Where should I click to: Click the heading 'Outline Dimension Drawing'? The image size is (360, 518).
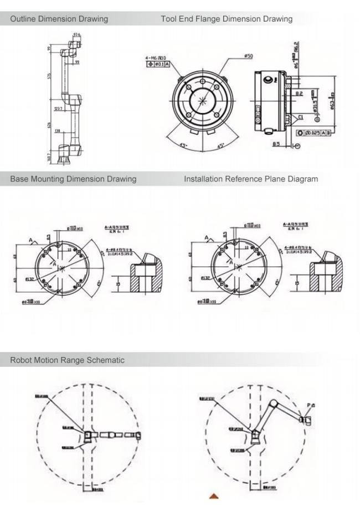click(59, 19)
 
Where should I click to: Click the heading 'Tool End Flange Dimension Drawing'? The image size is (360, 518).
click(227, 19)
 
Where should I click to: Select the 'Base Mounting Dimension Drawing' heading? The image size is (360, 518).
click(73, 179)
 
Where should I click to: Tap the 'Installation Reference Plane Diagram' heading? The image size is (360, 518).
click(251, 179)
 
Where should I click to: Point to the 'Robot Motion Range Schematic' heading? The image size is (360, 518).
click(67, 360)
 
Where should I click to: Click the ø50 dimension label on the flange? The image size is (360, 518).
click(248, 56)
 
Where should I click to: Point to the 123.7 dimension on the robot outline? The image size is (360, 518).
click(59, 108)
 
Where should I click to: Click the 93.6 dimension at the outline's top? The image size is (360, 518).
click(76, 35)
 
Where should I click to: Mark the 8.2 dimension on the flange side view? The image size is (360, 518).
click(299, 95)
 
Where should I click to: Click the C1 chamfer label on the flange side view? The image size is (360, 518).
click(300, 117)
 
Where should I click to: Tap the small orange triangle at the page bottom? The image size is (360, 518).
click(214, 496)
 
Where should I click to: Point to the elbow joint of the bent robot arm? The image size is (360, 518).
click(274, 403)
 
